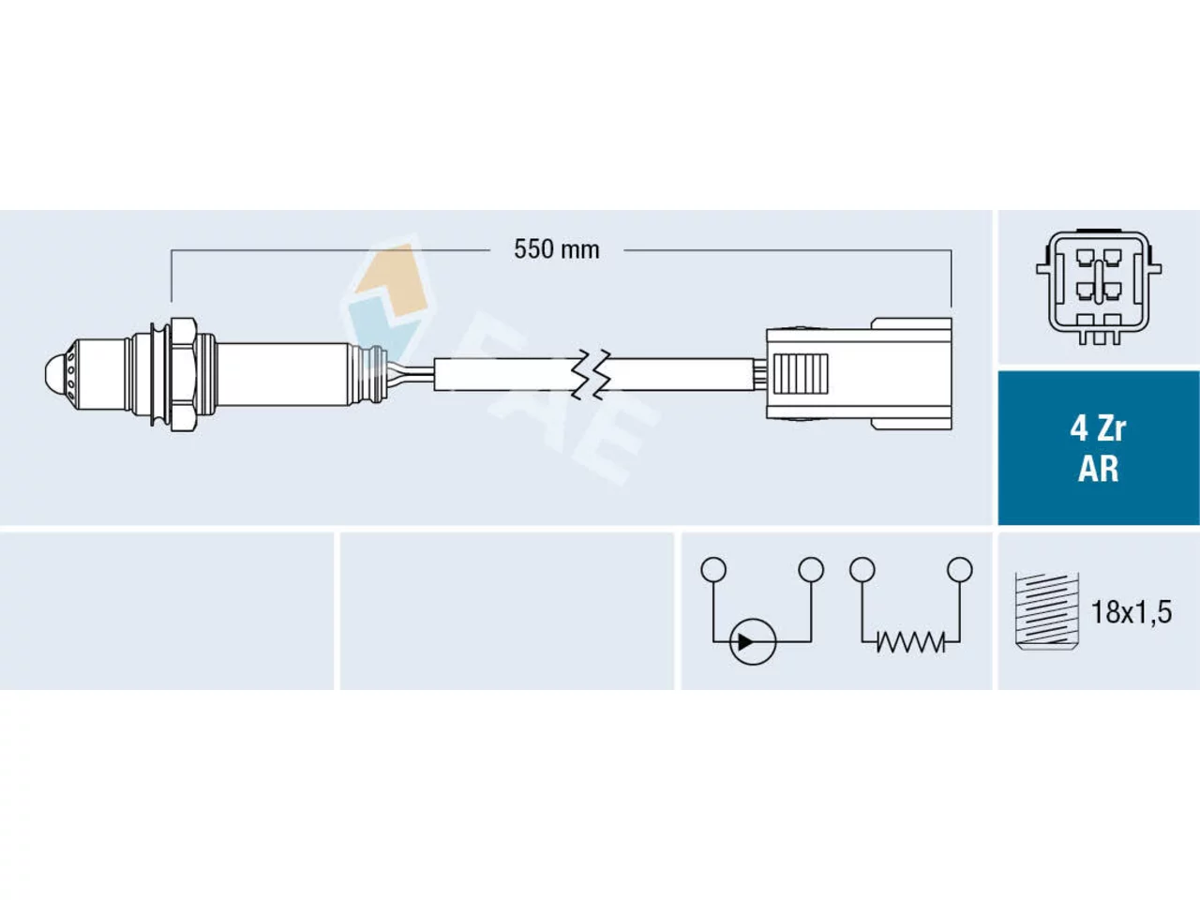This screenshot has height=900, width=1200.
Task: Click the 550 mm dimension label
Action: point(557,249)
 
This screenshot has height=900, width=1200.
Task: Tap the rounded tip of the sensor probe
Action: point(54,375)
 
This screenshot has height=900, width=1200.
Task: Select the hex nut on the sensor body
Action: point(184,375)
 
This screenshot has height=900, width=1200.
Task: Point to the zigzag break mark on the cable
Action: point(591,374)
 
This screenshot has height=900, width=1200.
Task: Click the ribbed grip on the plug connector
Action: point(801,374)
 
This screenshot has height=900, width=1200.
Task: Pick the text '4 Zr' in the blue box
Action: point(1099,429)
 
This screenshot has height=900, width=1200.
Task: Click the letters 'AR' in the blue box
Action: point(1099,469)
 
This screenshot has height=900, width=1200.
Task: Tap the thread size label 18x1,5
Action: point(1132,612)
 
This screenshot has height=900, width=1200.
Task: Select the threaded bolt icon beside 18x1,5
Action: point(1046,611)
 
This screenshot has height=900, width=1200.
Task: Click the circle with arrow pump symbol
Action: point(753,641)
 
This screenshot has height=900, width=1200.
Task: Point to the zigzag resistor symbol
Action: point(911,641)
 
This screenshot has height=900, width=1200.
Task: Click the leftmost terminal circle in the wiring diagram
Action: point(713,569)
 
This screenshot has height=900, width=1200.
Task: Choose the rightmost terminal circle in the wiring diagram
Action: point(960,569)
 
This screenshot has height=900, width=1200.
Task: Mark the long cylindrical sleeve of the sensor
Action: point(284,374)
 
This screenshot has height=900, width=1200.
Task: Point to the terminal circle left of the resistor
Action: point(862,569)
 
